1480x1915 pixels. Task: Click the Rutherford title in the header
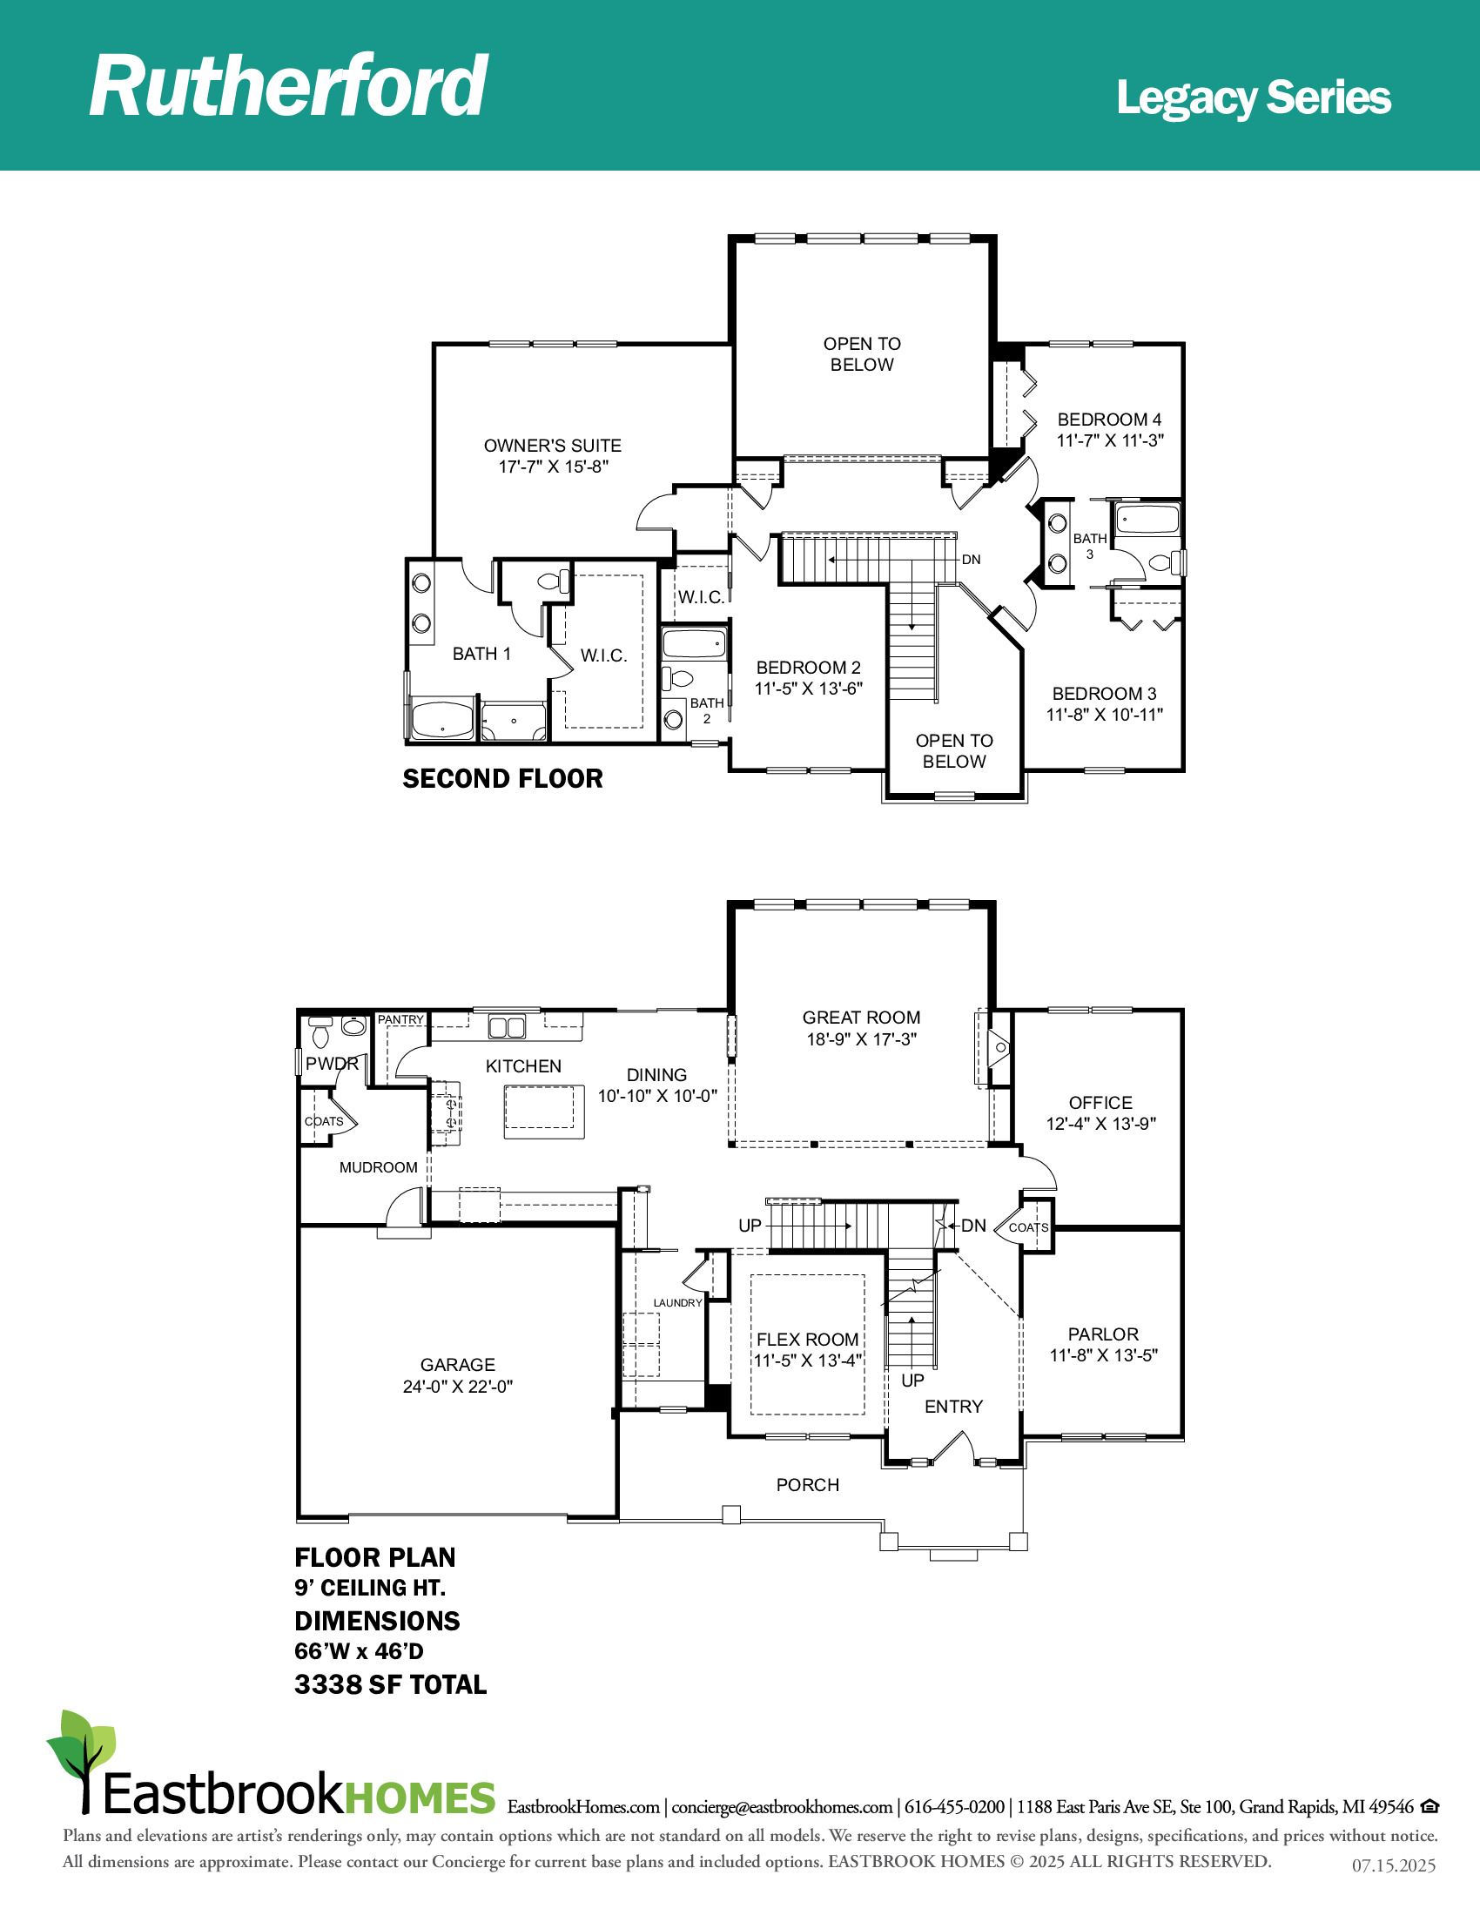(288, 85)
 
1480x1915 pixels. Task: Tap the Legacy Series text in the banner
(1254, 98)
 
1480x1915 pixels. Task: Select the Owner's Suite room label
(552, 446)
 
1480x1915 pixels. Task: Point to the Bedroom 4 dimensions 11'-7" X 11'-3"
(1110, 441)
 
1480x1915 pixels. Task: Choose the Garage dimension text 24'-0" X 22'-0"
(458, 1387)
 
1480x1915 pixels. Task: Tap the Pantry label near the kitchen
(400, 1020)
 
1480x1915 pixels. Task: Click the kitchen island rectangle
(543, 1111)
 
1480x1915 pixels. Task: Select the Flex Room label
(808, 1340)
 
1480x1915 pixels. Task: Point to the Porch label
(808, 1484)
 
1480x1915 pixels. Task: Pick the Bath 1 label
(481, 653)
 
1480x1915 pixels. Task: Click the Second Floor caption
(502, 779)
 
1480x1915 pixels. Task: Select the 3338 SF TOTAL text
(390, 1684)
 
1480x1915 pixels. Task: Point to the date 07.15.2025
(1393, 1866)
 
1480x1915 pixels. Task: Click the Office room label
(1100, 1103)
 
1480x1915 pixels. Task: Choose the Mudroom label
(379, 1167)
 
